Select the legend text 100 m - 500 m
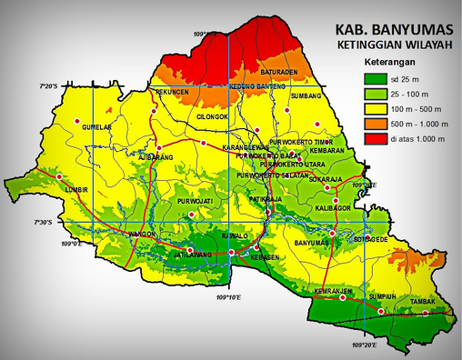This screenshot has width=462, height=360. pyautogui.click(x=413, y=108)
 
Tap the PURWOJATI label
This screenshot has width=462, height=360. pyautogui.click(x=196, y=200)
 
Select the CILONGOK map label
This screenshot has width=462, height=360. pyautogui.click(x=214, y=117)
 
